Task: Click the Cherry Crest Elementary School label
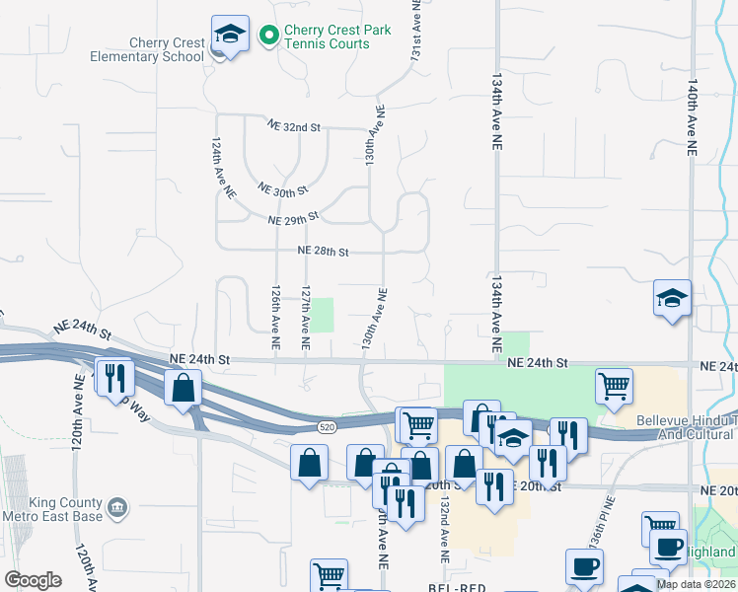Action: pos(167,49)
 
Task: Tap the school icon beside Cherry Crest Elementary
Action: pos(229,37)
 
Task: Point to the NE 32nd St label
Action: pos(295,126)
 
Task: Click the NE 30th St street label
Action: pos(282,188)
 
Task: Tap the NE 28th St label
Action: pos(324,252)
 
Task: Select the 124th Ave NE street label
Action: pos(221,169)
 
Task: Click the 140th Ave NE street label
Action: pos(694,118)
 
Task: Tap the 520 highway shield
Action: pos(328,426)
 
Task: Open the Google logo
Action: pos(33,580)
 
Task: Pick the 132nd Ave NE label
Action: pos(445,530)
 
